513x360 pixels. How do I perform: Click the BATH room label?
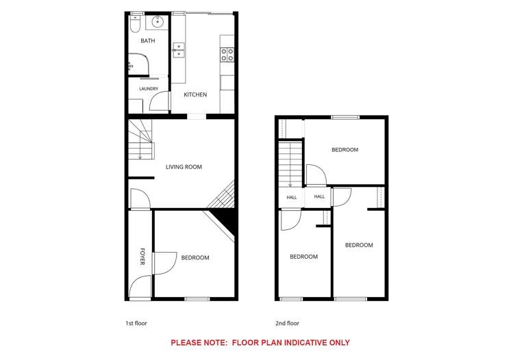click(x=148, y=40)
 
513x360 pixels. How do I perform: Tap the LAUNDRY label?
click(x=149, y=88)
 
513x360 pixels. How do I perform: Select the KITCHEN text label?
click(x=195, y=94)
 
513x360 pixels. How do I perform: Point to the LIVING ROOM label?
click(x=184, y=167)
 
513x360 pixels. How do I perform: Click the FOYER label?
click(x=142, y=257)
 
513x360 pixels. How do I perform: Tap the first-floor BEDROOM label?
click(x=195, y=257)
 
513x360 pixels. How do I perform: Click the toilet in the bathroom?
click(x=135, y=23)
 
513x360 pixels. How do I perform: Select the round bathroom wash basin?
click(x=158, y=22)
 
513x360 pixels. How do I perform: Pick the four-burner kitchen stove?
click(x=227, y=55)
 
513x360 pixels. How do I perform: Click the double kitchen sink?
click(x=179, y=50)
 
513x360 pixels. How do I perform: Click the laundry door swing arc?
click(x=159, y=101)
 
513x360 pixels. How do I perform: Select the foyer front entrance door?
click(x=140, y=287)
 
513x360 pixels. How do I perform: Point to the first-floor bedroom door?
click(x=166, y=263)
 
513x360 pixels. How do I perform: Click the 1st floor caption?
click(x=136, y=323)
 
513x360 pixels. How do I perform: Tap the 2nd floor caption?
click(x=287, y=323)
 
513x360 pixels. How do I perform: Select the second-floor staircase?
click(x=290, y=164)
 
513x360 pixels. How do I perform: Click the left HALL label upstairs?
click(x=292, y=197)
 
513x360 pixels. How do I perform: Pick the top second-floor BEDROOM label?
click(x=345, y=150)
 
